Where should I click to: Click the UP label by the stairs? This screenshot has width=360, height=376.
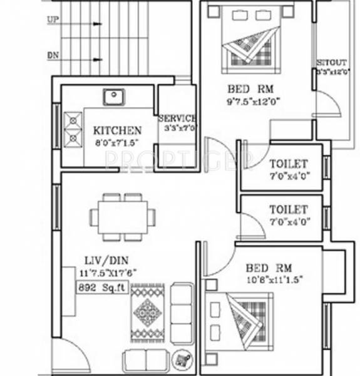[53, 19]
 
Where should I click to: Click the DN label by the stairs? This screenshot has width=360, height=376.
[53, 55]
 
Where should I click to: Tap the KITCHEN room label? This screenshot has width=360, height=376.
[117, 130]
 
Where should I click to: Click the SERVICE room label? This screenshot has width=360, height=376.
[177, 118]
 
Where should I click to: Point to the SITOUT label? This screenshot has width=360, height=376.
[330, 63]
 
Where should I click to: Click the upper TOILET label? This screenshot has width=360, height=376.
[288, 164]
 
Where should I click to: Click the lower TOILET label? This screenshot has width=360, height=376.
[288, 209]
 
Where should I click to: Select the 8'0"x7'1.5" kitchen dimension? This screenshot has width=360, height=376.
[116, 142]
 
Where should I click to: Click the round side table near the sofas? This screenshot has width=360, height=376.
[183, 357]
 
